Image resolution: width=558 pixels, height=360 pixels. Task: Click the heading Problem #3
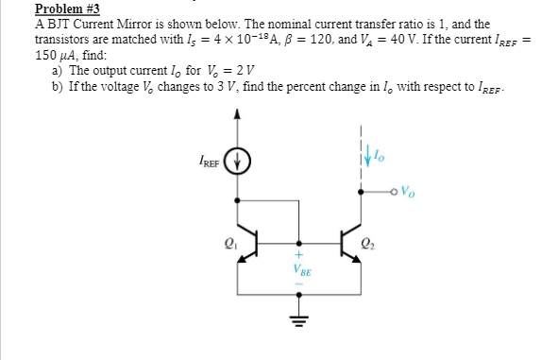(66, 9)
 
